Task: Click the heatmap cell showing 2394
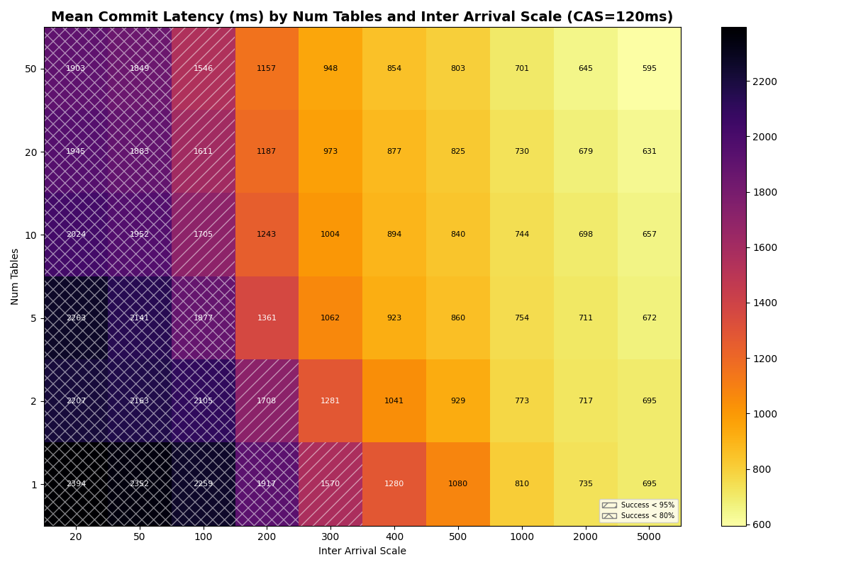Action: point(76,484)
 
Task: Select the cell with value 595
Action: point(649,69)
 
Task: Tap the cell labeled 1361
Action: point(267,318)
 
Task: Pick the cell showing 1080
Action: point(458,484)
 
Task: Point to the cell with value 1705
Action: point(203,235)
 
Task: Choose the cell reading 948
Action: point(330,69)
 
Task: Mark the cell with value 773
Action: point(522,401)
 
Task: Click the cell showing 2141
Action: point(140,318)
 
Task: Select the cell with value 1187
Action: point(267,152)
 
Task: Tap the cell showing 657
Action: point(649,235)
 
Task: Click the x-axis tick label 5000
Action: point(649,537)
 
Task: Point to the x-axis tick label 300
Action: point(330,537)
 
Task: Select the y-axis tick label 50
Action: point(31,69)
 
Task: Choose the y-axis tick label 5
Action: point(33,318)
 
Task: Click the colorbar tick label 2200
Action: point(765,82)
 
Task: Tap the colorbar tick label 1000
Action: point(765,414)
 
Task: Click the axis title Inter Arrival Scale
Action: point(362,551)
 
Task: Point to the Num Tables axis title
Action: point(16,276)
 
